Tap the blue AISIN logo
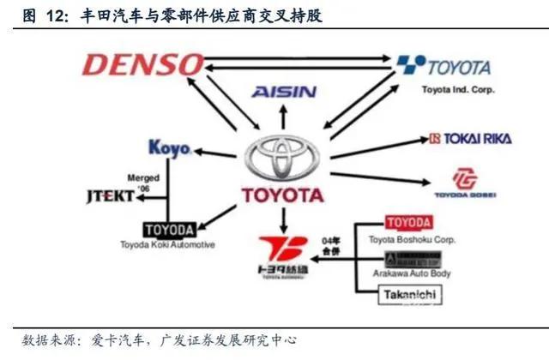tap(284, 92)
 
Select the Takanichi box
tap(411, 296)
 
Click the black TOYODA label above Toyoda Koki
tap(168, 230)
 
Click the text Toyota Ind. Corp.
tap(454, 88)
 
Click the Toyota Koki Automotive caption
tap(168, 245)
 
